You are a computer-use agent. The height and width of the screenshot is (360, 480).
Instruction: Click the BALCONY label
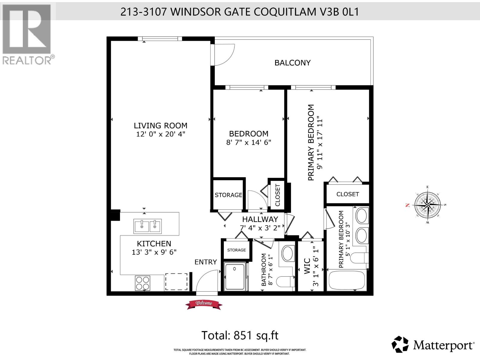pyautogui.click(x=292, y=63)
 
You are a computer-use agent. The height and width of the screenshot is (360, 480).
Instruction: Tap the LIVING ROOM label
pyautogui.click(x=160, y=126)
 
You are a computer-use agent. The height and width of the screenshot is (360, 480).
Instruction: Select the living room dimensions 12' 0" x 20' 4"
pyautogui.click(x=160, y=134)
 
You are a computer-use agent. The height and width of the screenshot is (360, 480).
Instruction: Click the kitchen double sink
pyautogui.click(x=148, y=226)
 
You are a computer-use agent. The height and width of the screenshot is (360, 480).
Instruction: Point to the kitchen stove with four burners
pyautogui.click(x=142, y=283)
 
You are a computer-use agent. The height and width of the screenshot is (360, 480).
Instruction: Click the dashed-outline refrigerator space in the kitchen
pyautogui.click(x=176, y=281)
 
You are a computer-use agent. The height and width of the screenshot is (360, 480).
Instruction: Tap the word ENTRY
pyautogui.click(x=205, y=262)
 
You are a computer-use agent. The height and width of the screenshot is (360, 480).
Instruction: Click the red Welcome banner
pyautogui.click(x=204, y=304)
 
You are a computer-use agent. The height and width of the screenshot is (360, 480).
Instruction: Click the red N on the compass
pyautogui.click(x=407, y=205)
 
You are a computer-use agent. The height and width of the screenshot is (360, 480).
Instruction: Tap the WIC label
pyautogui.click(x=307, y=266)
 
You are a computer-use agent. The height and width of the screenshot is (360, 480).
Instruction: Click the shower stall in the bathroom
pyautogui.click(x=235, y=277)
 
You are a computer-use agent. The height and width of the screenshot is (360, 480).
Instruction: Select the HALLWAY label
pyautogui.click(x=260, y=219)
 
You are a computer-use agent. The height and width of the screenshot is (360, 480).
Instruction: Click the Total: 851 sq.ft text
pyautogui.click(x=240, y=335)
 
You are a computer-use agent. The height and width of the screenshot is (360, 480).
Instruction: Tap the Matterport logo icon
pyautogui.click(x=400, y=344)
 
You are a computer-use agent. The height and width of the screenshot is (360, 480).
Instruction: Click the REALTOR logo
pyautogui.click(x=27, y=34)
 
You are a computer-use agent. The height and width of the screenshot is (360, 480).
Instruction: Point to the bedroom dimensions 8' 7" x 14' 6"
pyautogui.click(x=249, y=142)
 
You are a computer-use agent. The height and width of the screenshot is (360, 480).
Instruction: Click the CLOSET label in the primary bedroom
pyautogui.click(x=347, y=194)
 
